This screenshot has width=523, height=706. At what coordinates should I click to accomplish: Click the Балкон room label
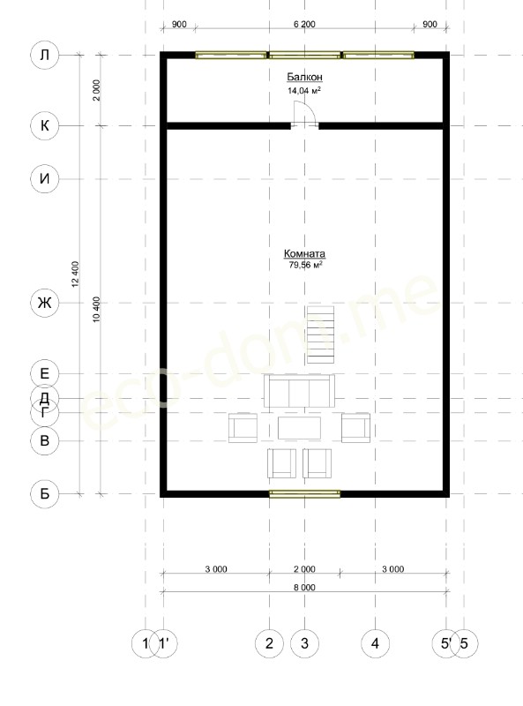304,77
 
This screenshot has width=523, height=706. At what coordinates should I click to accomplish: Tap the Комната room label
304,253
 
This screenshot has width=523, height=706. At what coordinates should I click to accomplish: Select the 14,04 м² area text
304,91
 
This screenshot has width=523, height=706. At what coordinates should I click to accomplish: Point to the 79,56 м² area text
306,266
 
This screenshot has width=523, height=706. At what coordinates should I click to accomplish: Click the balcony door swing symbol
304,114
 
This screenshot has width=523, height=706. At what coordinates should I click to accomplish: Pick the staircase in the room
320,334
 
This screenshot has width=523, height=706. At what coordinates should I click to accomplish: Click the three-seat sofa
299,391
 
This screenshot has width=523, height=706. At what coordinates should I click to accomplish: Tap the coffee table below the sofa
299,428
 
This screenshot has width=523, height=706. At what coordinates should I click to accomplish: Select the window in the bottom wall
304,494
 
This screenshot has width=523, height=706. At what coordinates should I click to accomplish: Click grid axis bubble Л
45,55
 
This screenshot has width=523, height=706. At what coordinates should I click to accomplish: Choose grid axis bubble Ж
45,303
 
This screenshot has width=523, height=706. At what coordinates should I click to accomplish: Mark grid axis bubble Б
45,494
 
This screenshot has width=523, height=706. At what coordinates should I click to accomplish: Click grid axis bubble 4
376,644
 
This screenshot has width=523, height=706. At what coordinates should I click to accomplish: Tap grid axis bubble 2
269,644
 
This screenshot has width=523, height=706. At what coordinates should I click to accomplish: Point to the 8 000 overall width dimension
304,587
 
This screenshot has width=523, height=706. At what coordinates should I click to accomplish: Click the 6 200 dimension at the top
304,24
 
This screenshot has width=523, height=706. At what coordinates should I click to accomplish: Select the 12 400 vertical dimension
75,274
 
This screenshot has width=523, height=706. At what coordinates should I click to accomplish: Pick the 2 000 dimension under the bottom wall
304,569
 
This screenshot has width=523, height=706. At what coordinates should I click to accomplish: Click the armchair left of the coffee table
243,428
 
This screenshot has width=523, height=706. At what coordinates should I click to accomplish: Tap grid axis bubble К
45,125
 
